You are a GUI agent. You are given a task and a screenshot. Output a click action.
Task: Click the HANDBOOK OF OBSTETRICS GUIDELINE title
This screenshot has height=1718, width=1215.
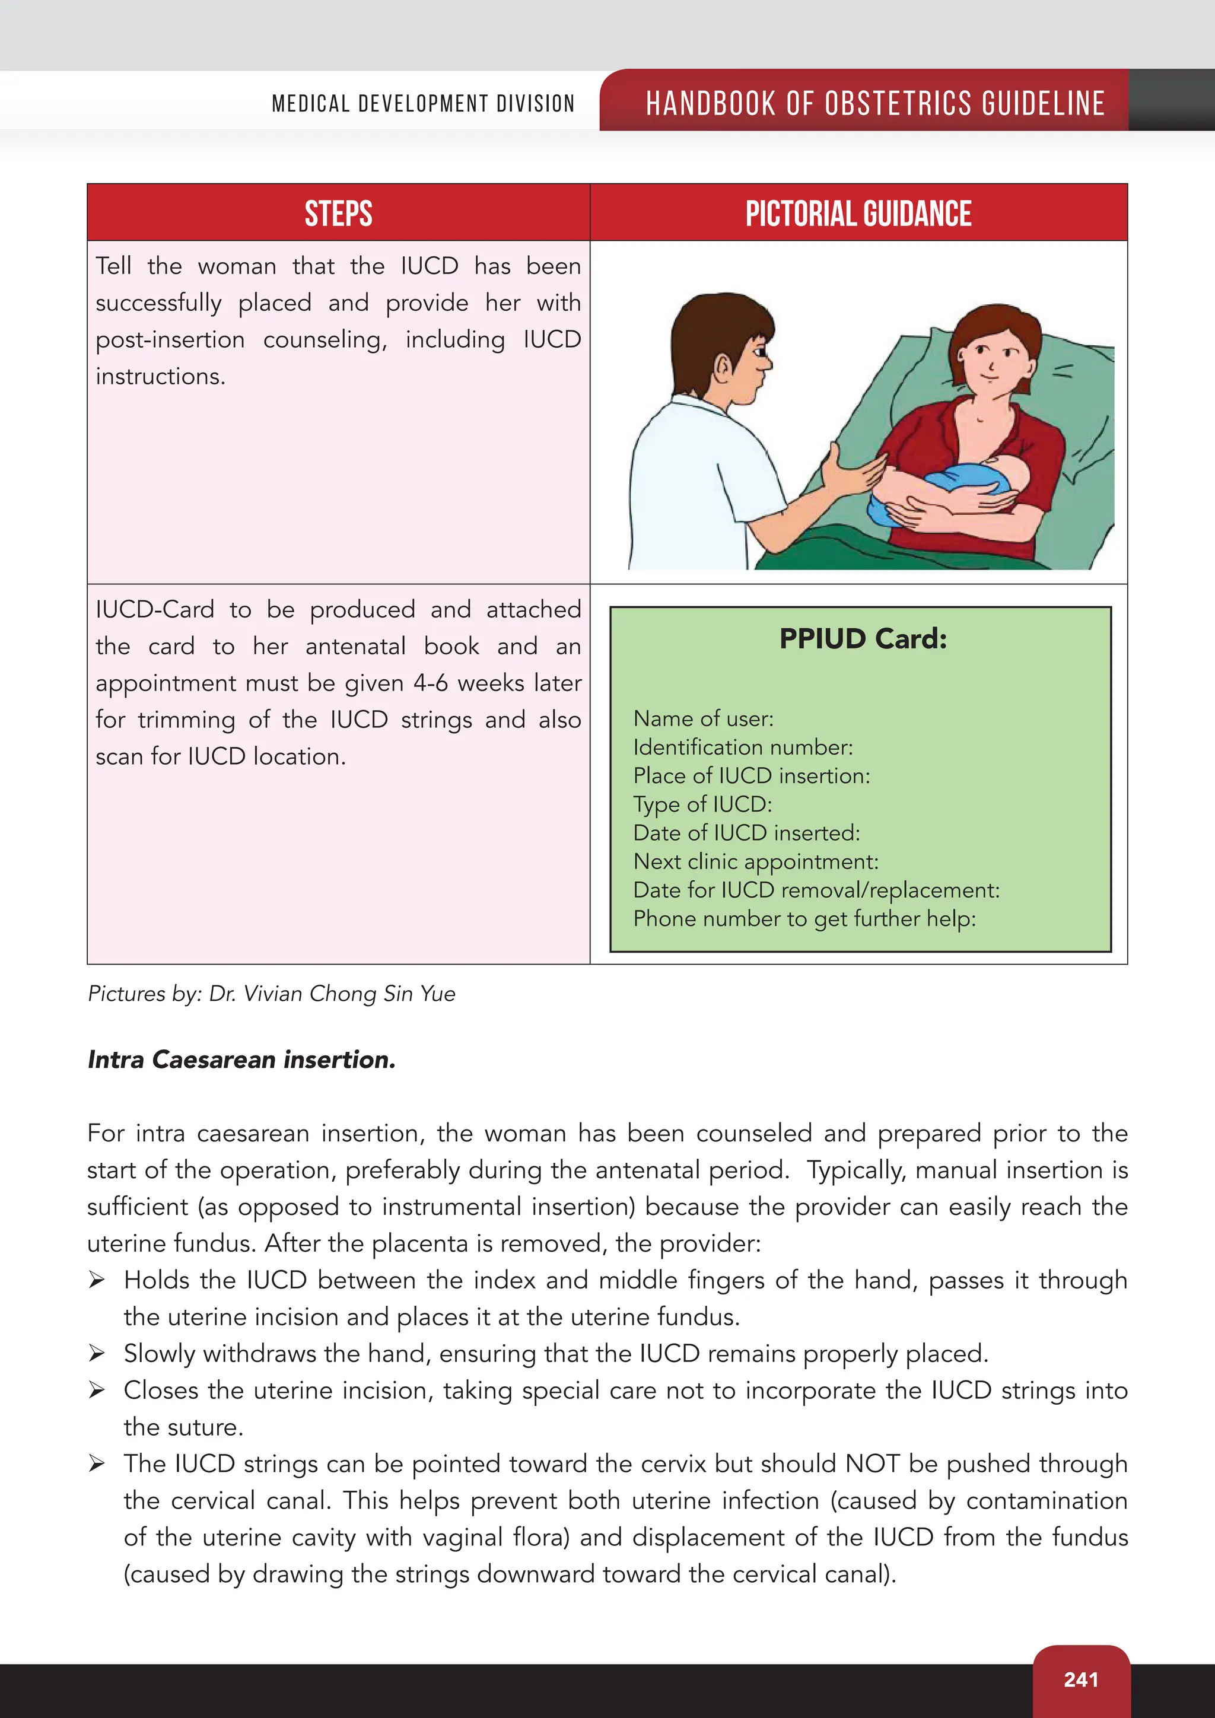tap(875, 103)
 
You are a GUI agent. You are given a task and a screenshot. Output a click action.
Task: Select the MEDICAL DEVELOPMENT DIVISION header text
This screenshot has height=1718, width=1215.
tap(424, 103)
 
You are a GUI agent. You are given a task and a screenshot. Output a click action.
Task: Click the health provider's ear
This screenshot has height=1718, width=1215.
tap(723, 367)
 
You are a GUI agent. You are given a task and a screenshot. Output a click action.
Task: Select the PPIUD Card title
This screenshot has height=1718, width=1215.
tap(863, 639)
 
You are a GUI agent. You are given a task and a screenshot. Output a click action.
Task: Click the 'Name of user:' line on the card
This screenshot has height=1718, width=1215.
tap(703, 719)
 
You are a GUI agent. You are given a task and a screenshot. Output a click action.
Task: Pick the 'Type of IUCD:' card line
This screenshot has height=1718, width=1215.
tap(702, 804)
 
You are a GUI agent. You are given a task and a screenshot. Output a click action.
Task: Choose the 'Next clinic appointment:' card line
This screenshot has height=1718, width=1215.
tap(756, 861)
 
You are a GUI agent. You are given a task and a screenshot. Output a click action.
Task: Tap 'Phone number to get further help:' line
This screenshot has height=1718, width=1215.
tap(804, 918)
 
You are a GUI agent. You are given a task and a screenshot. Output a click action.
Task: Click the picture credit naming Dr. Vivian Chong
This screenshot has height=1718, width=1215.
tap(272, 994)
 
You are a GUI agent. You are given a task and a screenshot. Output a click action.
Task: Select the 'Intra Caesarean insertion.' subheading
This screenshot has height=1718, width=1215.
tap(241, 1060)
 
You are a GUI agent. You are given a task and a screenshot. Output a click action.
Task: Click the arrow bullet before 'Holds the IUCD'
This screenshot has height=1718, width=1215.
tap(97, 1280)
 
